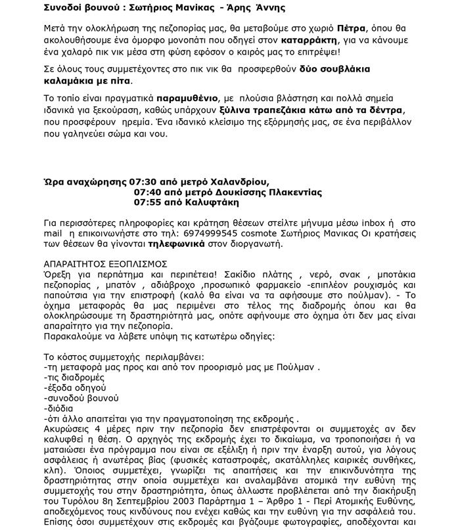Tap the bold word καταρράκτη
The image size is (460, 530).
310,43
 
